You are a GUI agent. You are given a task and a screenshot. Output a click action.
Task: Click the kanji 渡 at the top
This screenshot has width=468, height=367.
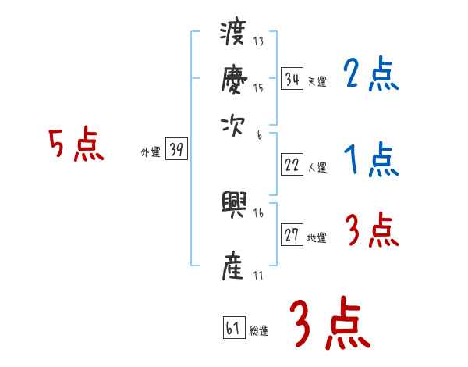(233, 35)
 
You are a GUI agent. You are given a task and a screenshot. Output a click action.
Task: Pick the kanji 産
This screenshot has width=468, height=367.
(233, 265)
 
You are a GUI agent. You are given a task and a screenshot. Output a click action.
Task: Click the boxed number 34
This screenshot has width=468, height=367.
(292, 79)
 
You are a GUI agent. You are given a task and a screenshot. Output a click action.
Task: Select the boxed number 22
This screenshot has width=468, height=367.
(292, 165)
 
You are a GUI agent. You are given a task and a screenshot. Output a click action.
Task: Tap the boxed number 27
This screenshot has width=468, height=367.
(292, 235)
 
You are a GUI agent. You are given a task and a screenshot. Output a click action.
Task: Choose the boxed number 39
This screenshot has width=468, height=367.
(176, 151)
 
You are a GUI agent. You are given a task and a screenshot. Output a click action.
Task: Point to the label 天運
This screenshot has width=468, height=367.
(317, 81)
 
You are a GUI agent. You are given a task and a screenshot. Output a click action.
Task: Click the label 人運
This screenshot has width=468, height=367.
(317, 167)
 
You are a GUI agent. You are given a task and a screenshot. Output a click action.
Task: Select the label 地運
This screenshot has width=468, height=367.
(317, 238)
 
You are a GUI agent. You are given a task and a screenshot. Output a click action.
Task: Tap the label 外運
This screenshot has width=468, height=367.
(150, 153)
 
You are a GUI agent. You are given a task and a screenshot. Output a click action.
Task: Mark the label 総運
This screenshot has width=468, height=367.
(259, 330)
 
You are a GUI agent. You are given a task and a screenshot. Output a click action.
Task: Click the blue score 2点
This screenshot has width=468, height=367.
(370, 75)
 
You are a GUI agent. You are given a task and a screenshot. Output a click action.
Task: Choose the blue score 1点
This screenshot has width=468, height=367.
(370, 161)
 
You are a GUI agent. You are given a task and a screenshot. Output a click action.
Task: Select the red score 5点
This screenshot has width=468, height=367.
(76, 145)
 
